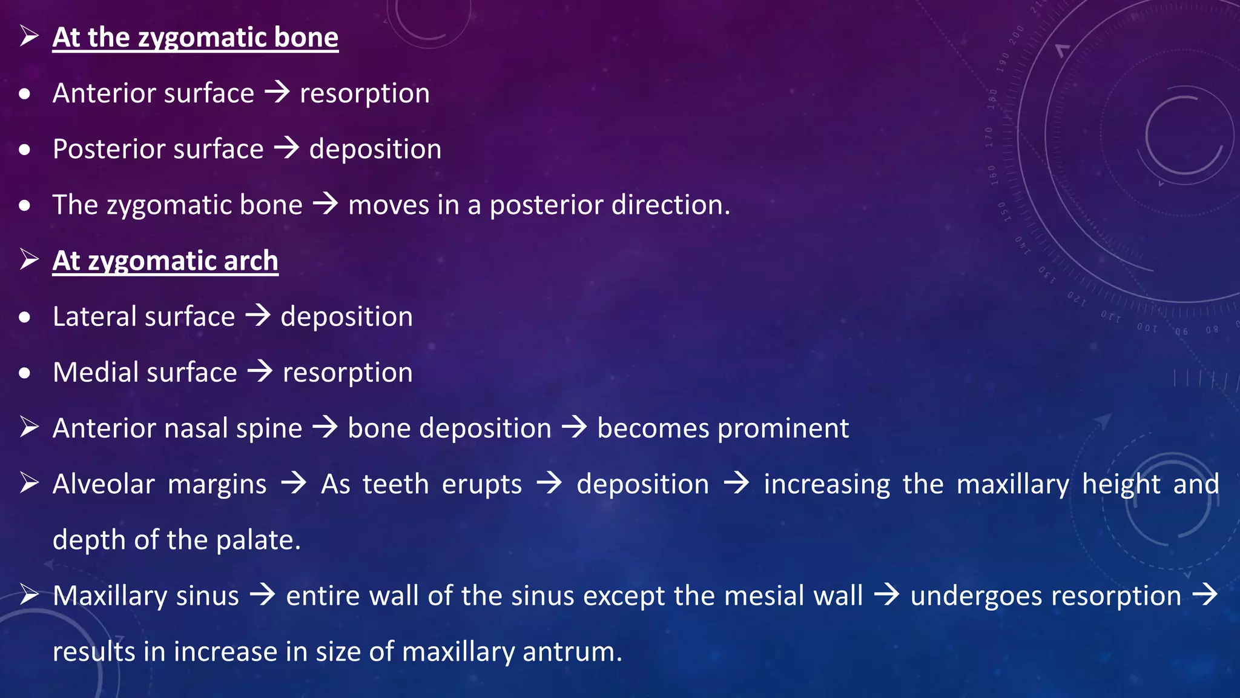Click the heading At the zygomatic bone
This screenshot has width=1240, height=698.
click(x=195, y=38)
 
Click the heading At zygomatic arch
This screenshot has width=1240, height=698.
click(x=165, y=261)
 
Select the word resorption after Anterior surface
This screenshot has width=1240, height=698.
click(x=364, y=94)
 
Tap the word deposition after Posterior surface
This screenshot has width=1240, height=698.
click(x=375, y=150)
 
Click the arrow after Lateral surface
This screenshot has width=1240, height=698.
click(x=258, y=316)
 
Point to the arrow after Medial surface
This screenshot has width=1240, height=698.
click(x=260, y=371)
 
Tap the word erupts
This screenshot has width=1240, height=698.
click(x=482, y=485)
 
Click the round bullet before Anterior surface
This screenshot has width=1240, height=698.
click(x=25, y=94)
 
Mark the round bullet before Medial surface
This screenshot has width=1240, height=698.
click(x=25, y=373)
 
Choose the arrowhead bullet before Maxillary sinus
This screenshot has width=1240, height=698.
click(x=29, y=594)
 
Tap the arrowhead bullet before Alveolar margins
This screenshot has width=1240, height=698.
click(x=29, y=483)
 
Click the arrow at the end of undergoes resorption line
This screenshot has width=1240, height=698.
click(x=1205, y=594)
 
